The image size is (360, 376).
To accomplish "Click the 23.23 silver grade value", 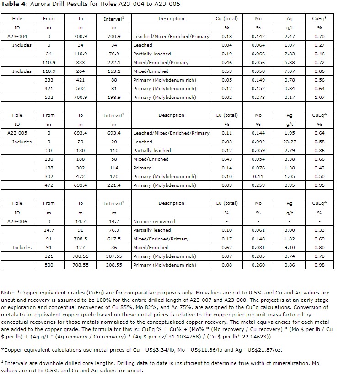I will pos(290,142).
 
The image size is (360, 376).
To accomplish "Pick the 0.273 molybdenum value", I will pos(258,97).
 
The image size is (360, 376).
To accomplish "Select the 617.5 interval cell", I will pos(114,239).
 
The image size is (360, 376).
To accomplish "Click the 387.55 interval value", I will pos(114,256).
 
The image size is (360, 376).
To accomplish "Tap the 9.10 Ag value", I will pos(290,247).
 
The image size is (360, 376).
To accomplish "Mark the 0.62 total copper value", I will pos(226,247).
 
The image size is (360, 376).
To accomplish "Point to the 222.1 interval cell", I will pos(114,62).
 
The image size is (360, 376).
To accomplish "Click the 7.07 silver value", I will pos(290,71).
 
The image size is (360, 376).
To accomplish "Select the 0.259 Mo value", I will pos(258,185).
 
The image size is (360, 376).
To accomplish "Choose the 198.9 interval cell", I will pos(114,97).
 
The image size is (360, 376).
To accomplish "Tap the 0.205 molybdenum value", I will pos(258,256).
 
